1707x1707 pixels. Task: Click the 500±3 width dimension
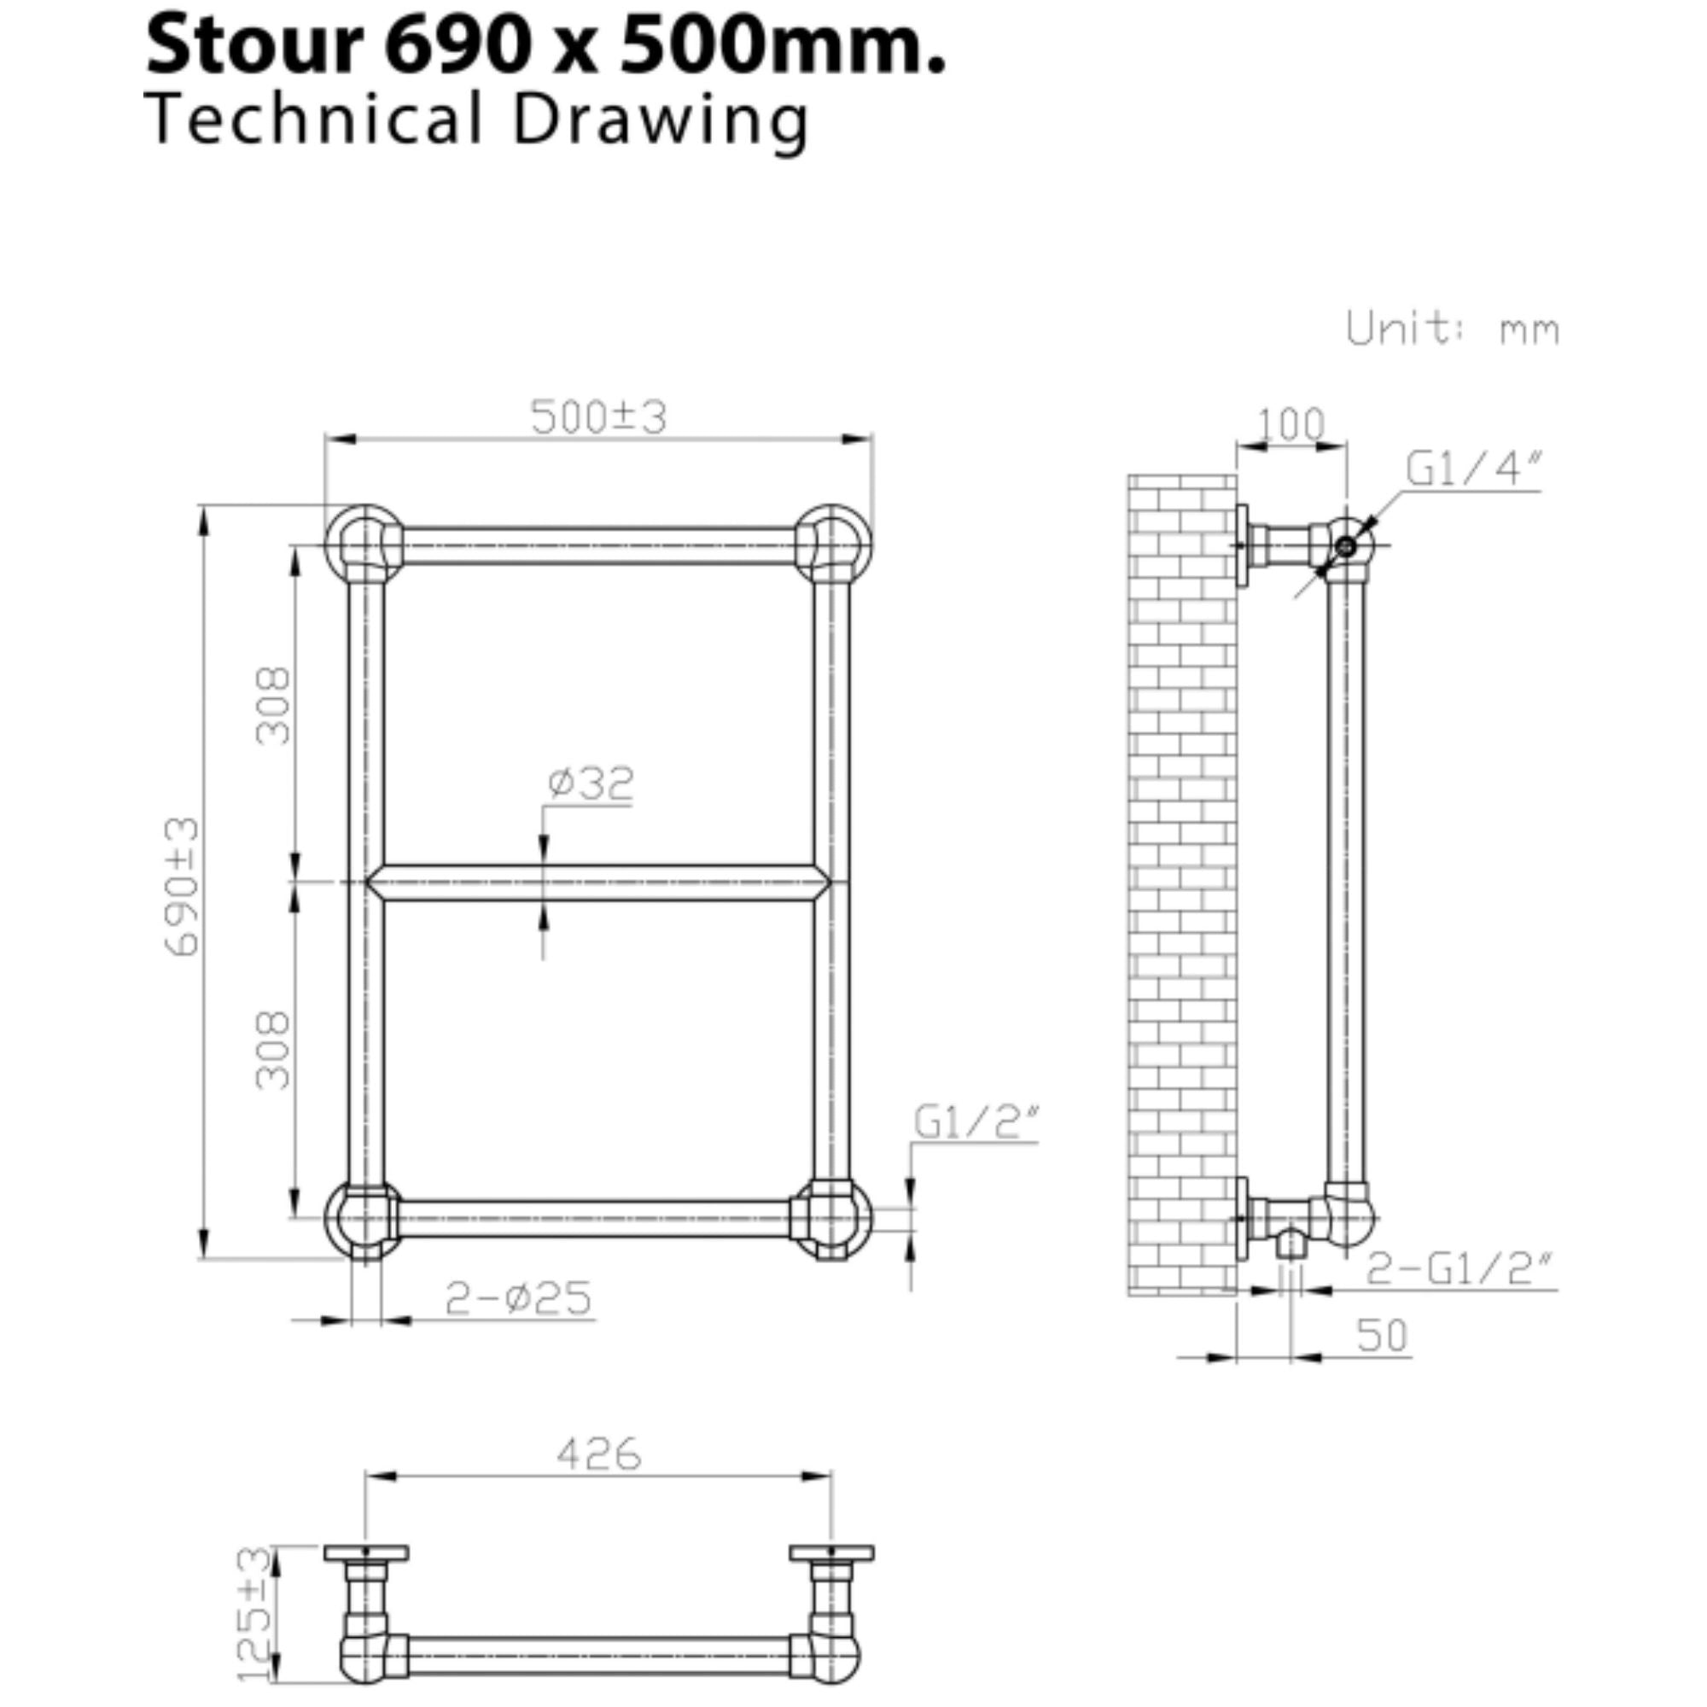click(598, 417)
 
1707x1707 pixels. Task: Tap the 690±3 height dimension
click(183, 886)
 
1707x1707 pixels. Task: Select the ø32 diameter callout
click(591, 783)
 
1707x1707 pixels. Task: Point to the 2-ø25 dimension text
click(518, 1299)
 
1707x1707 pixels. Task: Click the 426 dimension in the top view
click(598, 1454)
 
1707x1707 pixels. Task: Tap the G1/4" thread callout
click(1473, 469)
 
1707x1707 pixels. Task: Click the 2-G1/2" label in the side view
click(1459, 1270)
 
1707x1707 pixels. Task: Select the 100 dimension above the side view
click(1290, 425)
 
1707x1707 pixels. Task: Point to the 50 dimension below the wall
click(1382, 1335)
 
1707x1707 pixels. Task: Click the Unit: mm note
click(1453, 329)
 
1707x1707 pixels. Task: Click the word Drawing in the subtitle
click(660, 121)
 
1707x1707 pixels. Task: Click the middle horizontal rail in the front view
click(598, 883)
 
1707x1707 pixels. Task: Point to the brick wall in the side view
click(1181, 883)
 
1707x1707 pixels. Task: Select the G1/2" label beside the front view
click(976, 1123)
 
